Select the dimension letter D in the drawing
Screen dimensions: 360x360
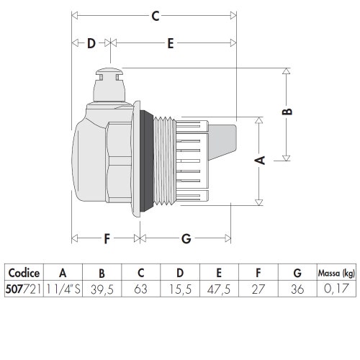91,43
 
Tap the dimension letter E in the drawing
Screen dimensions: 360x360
170,43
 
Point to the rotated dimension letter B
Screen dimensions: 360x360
287,112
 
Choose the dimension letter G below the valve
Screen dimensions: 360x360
186,238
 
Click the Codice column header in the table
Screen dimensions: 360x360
24,273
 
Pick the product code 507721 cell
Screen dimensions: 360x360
24,288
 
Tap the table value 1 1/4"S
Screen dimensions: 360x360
63,288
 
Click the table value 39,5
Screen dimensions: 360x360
102,288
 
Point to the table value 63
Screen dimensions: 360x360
141,288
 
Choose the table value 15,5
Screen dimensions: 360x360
180,288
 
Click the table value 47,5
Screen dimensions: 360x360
220,288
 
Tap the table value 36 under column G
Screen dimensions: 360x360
297,288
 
